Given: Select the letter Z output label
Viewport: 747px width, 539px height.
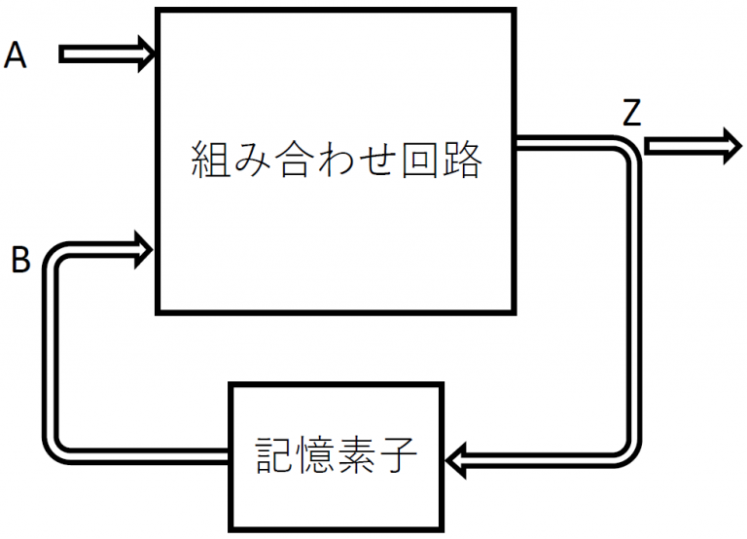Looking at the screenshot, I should pos(631,115).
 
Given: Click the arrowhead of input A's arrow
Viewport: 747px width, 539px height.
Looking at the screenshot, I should pos(147,54).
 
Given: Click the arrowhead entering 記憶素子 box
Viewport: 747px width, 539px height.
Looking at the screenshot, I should pos(457,458).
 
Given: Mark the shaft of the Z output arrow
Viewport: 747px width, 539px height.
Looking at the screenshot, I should pos(676,146).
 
